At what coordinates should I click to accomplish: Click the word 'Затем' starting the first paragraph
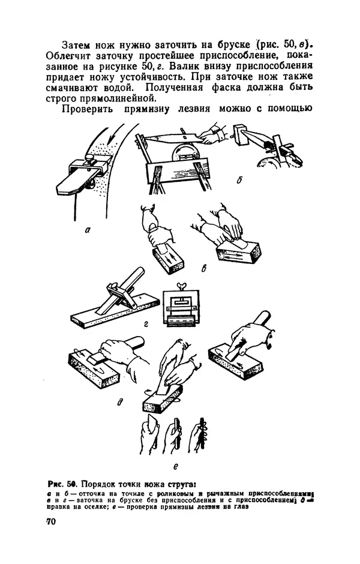click(x=78, y=45)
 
